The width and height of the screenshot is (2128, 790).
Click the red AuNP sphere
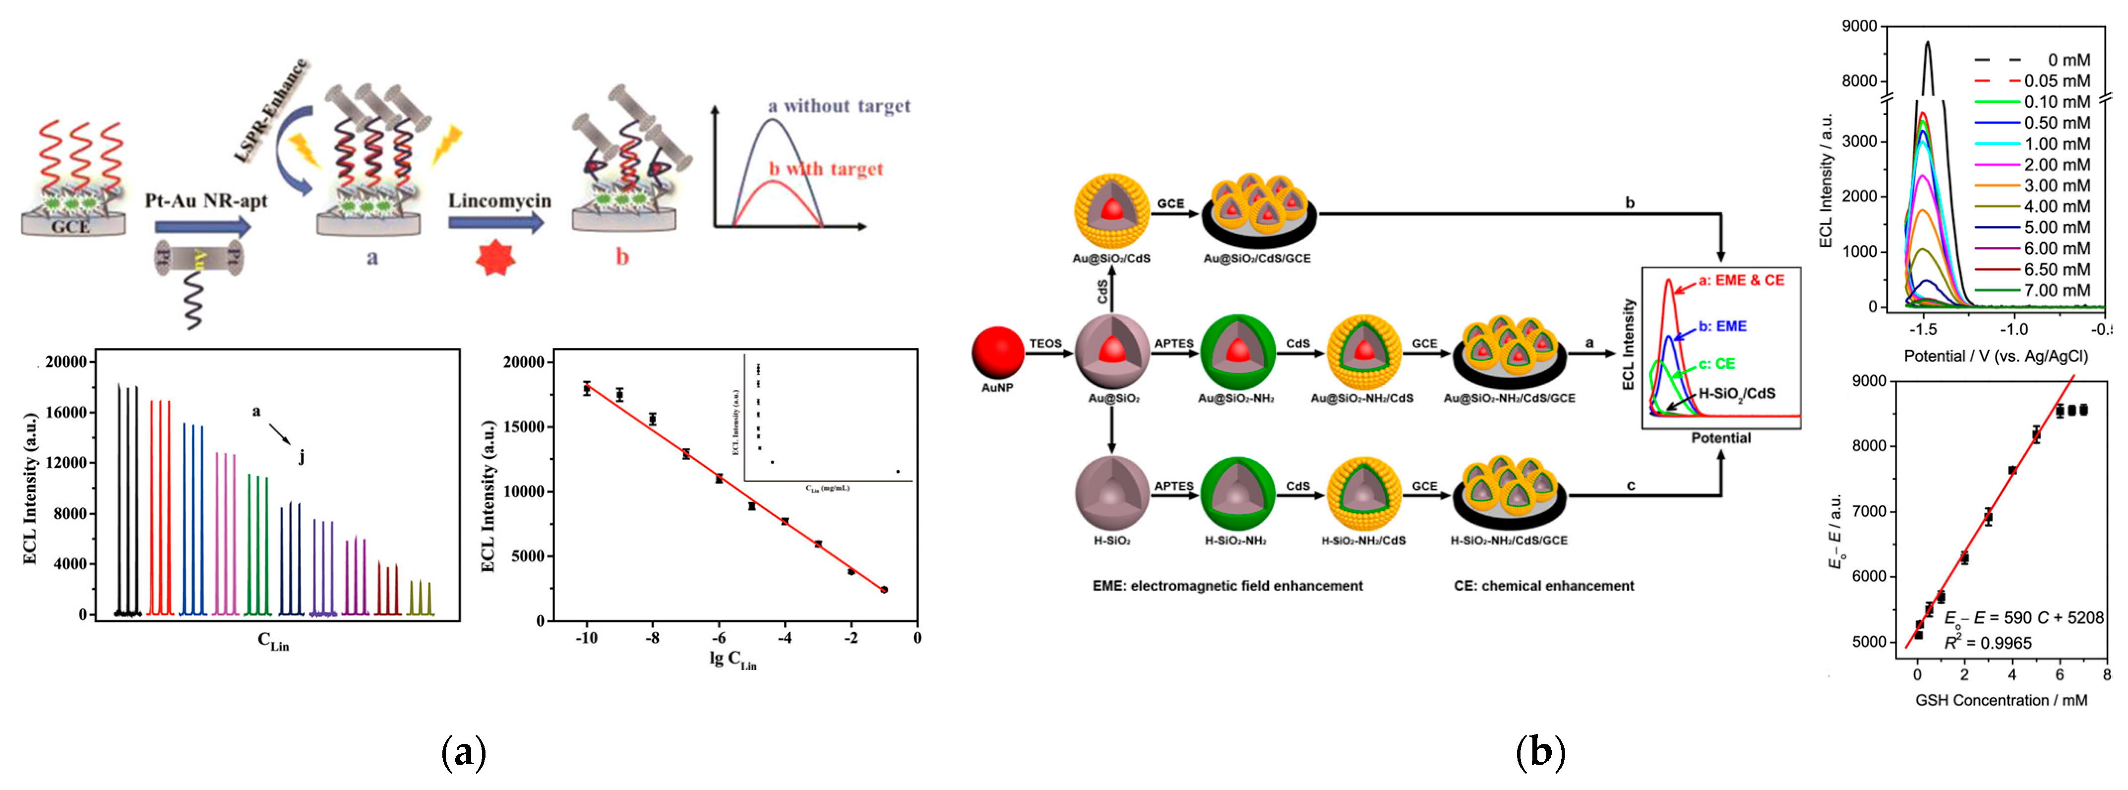(x=998, y=353)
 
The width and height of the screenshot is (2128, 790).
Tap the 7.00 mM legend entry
(x=2057, y=290)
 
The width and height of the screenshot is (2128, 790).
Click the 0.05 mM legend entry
(x=2057, y=81)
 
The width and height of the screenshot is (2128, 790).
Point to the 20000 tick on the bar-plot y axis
(x=65, y=362)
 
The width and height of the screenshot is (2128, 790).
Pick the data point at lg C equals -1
(x=884, y=590)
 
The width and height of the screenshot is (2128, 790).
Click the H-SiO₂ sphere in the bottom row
(x=1112, y=493)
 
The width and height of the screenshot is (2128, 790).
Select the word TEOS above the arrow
(x=1045, y=344)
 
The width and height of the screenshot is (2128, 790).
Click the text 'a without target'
(x=839, y=106)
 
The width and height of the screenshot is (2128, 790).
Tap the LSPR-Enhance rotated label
(x=271, y=111)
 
